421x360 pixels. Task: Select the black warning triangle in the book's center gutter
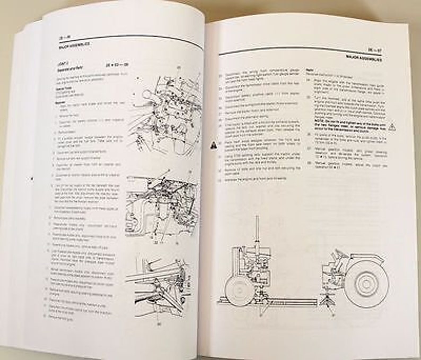pyautogui.click(x=212, y=143)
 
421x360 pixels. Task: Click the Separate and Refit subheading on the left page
pyautogui.click(x=74, y=68)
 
